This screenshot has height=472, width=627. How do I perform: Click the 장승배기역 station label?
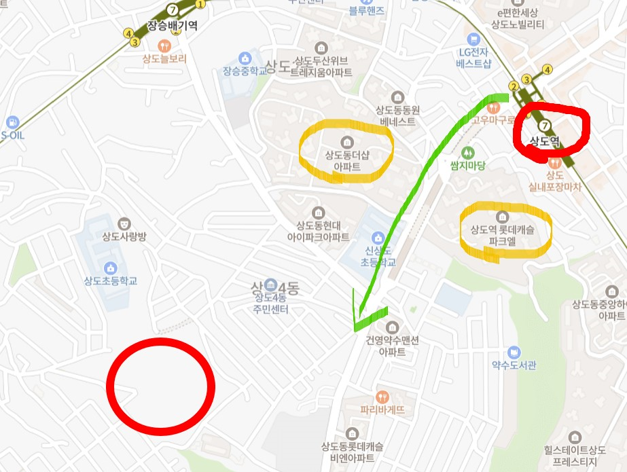tap(173, 26)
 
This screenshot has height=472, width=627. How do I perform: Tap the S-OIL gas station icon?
tap(12, 123)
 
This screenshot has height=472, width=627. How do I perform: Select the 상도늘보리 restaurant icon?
tap(164, 46)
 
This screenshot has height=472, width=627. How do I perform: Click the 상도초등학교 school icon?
tap(111, 267)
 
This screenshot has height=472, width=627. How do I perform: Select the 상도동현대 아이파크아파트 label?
tap(318, 231)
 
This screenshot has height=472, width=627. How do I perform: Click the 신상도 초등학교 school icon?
tap(378, 237)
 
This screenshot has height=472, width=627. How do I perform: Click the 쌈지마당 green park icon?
tap(467, 153)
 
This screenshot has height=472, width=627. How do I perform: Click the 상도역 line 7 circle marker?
tap(543, 126)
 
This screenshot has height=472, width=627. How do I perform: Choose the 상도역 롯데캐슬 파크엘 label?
tap(502, 235)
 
